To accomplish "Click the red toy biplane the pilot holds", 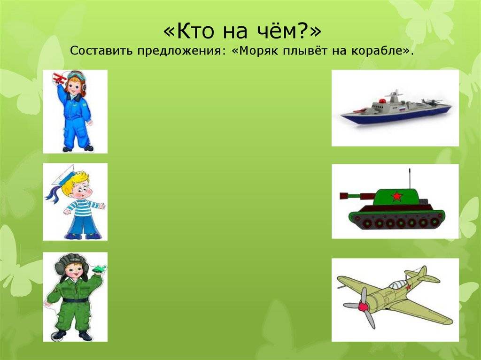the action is (60, 78).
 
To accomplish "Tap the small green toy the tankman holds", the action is (99, 269).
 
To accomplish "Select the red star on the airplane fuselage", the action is (408, 287).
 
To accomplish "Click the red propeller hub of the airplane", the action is (364, 306).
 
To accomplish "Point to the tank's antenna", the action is (410, 179).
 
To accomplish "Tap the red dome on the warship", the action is (382, 101).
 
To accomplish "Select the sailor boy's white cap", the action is (63, 175).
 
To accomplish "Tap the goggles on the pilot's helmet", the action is (75, 75).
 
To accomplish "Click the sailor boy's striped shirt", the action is (80, 207).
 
